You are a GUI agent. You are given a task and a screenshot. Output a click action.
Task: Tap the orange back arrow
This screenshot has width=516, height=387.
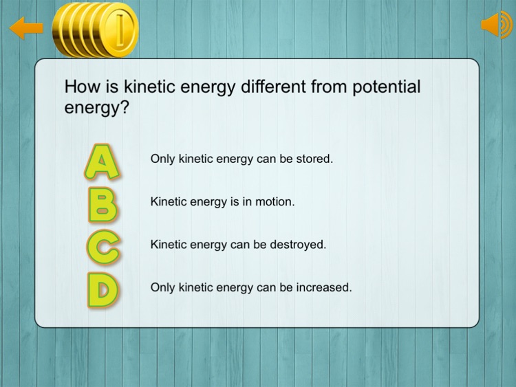[26, 28]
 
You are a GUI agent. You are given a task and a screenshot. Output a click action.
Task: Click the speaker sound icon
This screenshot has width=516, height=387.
[497, 25]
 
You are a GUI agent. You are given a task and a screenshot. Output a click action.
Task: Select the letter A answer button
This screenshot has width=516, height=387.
[102, 161]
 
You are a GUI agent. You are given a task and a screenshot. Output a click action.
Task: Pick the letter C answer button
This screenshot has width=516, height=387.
[103, 246]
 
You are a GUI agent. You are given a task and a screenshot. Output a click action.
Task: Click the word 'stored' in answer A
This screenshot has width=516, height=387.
[315, 159]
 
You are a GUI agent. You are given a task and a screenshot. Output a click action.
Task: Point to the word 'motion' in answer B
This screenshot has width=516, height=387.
[275, 202]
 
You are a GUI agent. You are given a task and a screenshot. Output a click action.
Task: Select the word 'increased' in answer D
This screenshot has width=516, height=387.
[326, 287]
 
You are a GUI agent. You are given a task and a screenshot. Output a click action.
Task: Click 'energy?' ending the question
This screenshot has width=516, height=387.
[96, 108]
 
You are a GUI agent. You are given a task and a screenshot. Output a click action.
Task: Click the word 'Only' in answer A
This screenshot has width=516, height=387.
[163, 159]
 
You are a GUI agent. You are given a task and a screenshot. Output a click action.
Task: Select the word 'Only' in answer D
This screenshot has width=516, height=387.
[163, 287]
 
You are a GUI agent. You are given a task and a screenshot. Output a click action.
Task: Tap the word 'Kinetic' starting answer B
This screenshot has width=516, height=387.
[168, 202]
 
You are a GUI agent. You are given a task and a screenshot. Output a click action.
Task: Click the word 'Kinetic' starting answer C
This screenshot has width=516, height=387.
[168, 245]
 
